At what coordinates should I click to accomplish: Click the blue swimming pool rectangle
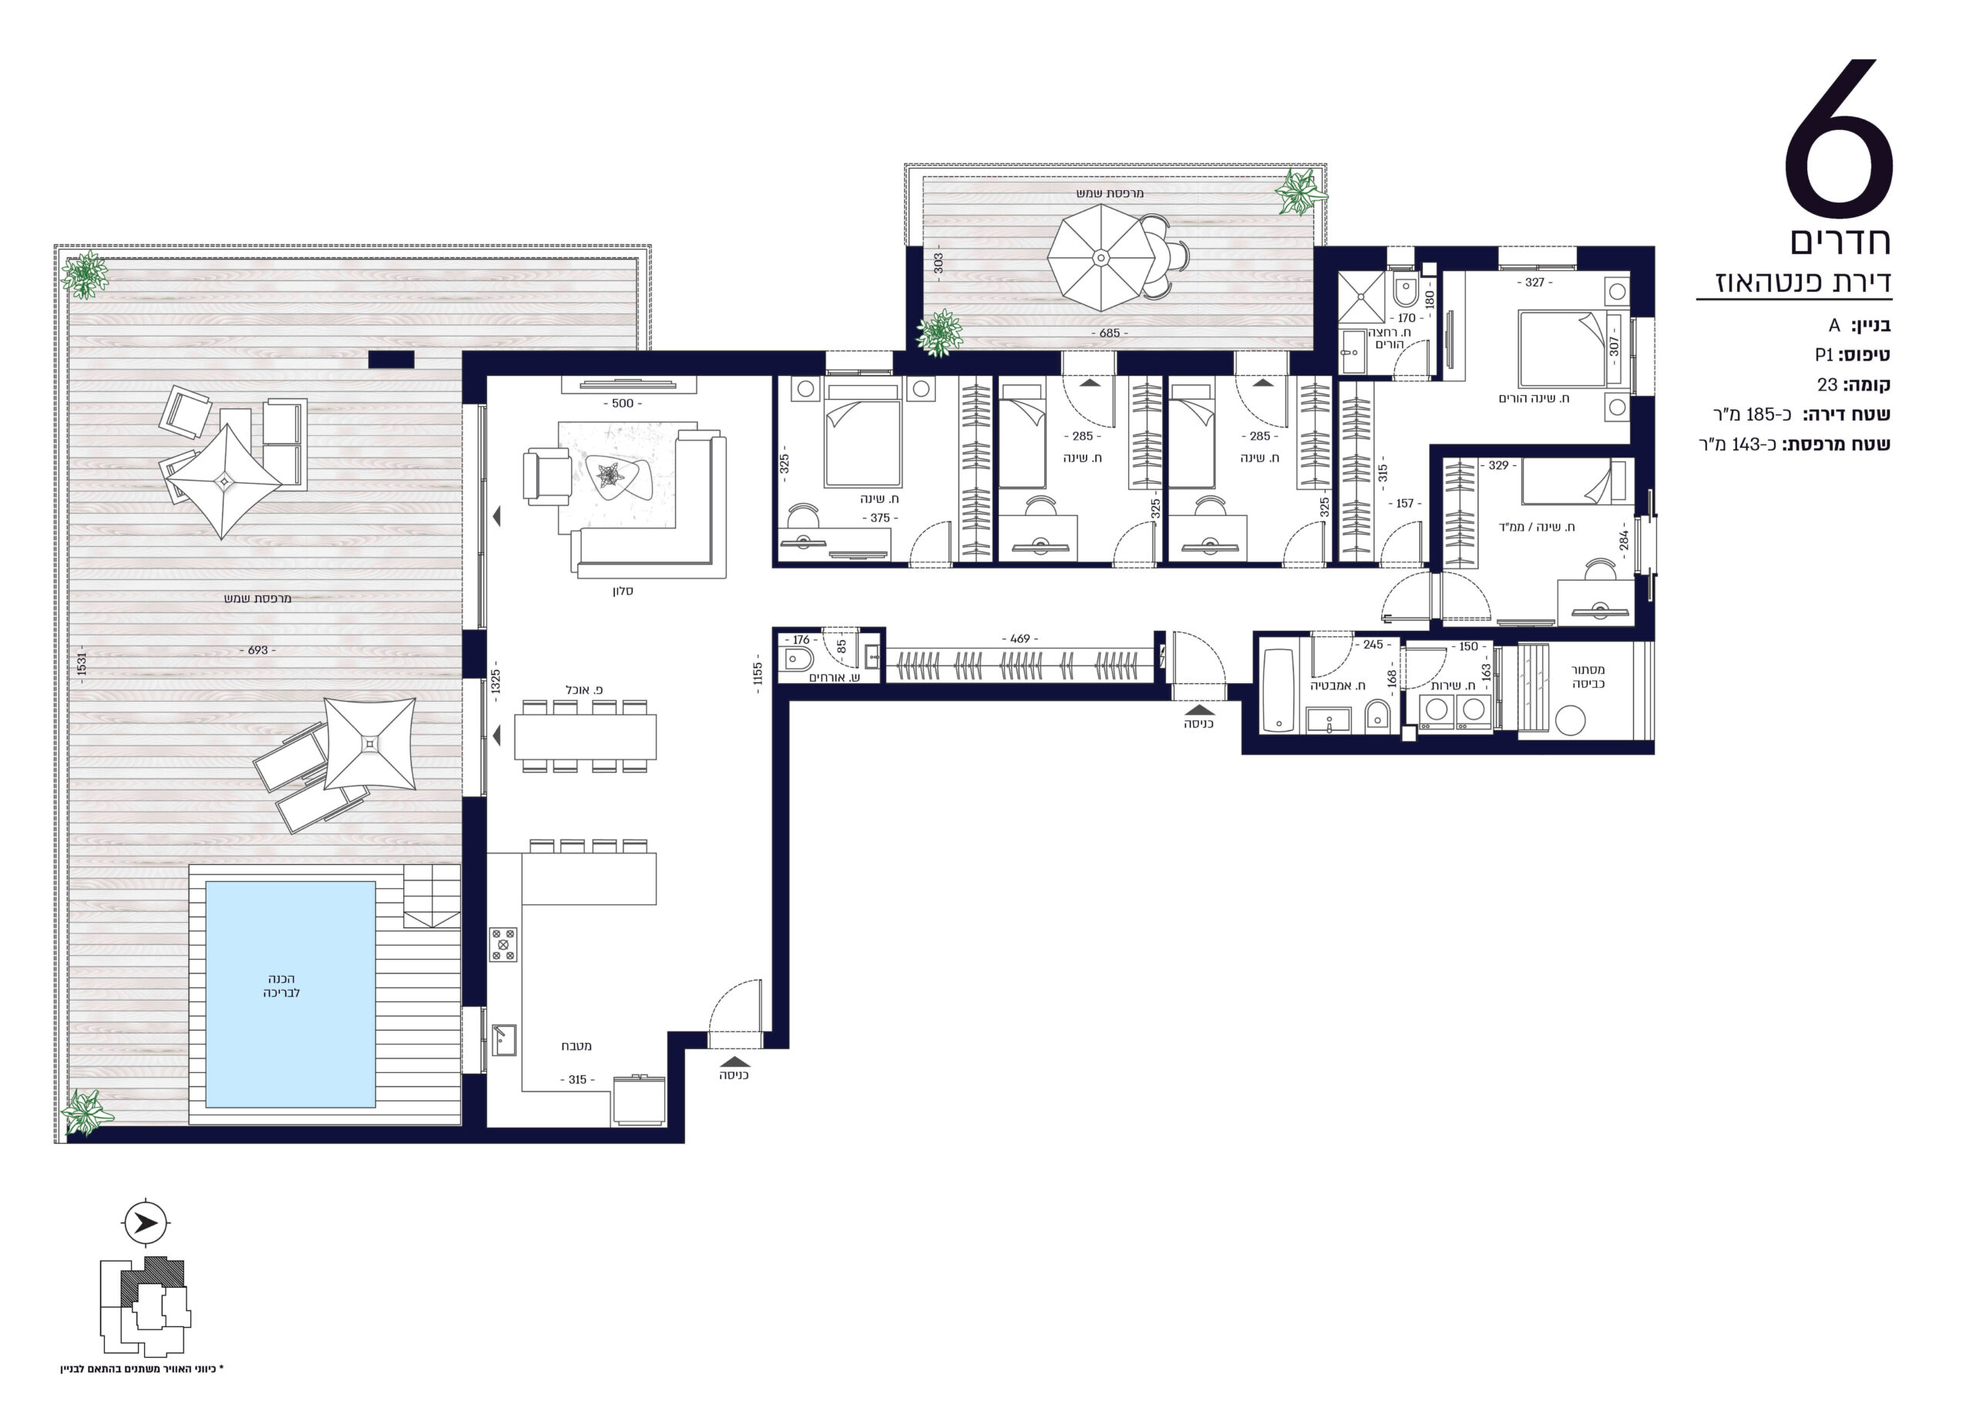(291, 994)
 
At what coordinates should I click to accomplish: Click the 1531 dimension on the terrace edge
(82, 663)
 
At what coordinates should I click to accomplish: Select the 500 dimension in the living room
(623, 403)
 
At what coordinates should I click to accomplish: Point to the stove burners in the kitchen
(503, 945)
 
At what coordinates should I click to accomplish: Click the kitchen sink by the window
(504, 1041)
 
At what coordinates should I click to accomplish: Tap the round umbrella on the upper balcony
(1101, 257)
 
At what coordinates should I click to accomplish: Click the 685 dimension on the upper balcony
(1109, 333)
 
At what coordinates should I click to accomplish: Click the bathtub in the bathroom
(1279, 690)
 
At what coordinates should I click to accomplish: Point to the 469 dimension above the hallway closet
(1020, 639)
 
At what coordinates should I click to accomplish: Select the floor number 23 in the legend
(1827, 385)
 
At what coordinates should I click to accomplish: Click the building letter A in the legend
(1834, 325)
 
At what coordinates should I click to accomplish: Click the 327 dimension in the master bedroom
(1534, 283)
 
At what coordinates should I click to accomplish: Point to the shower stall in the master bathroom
(1362, 297)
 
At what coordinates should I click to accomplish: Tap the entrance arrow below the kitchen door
(734, 1061)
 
